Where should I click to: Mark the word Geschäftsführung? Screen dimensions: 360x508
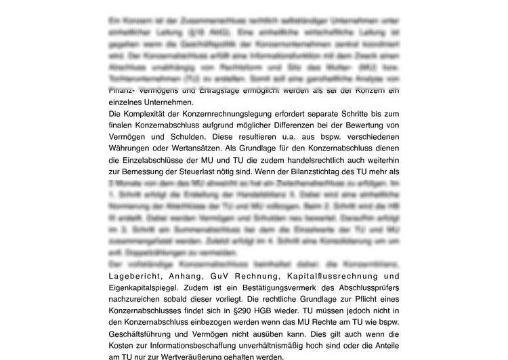point(144,335)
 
